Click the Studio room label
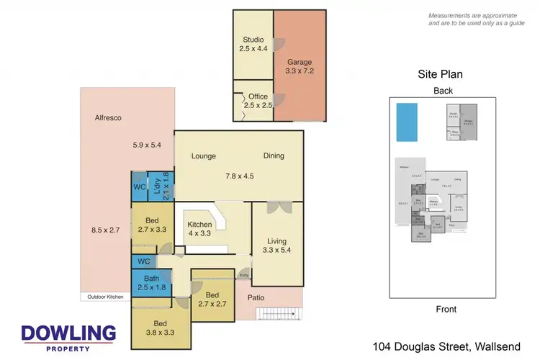[253, 44]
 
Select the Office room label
[257, 101]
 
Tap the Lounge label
[204, 156]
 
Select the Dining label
[274, 156]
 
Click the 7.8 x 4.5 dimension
[238, 175]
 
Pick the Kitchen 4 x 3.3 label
[200, 229]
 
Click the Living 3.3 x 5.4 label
[276, 246]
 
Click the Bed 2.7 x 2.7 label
[212, 300]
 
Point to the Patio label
[277, 297]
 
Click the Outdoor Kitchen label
[104, 296]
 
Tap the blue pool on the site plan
[407, 122]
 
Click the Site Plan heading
[440, 74]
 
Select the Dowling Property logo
[68, 337]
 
